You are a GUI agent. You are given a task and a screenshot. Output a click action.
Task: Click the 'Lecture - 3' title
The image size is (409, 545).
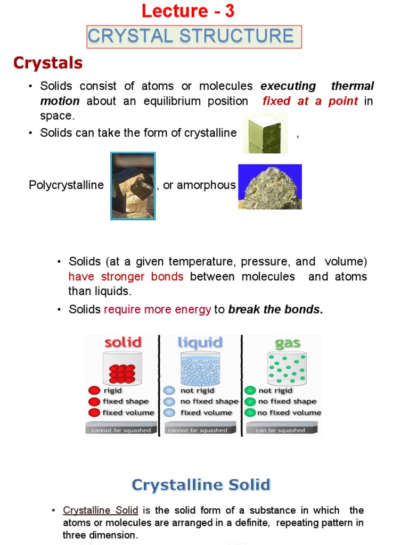click(188, 11)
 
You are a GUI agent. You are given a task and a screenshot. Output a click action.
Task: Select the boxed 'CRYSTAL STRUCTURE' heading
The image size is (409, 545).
click(191, 36)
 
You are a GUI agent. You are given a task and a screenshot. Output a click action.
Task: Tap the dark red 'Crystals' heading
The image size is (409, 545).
click(48, 63)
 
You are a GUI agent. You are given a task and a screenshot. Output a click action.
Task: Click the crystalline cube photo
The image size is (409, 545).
click(265, 133)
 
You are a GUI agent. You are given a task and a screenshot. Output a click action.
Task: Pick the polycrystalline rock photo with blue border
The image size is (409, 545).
click(133, 186)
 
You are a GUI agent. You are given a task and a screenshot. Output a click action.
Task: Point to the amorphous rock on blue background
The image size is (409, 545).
click(269, 186)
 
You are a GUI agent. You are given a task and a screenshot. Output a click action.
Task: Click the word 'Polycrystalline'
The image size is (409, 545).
click(66, 185)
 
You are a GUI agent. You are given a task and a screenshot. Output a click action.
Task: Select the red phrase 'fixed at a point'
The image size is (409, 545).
click(310, 101)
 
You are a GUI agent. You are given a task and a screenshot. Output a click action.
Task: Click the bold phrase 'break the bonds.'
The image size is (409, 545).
click(275, 310)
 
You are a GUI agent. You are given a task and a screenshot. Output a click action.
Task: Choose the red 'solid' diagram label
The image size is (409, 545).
click(122, 342)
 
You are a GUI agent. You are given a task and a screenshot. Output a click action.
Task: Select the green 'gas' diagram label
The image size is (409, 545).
click(288, 343)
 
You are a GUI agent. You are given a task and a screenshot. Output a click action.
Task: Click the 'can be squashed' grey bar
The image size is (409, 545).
click(281, 430)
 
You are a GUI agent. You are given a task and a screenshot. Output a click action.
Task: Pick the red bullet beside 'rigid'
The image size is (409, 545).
click(94, 391)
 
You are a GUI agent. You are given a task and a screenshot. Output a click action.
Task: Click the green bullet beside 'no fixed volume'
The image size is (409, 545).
click(250, 412)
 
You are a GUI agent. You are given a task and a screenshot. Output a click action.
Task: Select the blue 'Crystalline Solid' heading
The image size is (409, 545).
click(201, 485)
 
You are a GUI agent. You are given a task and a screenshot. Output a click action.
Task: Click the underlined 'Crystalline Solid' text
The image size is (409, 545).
click(101, 510)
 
